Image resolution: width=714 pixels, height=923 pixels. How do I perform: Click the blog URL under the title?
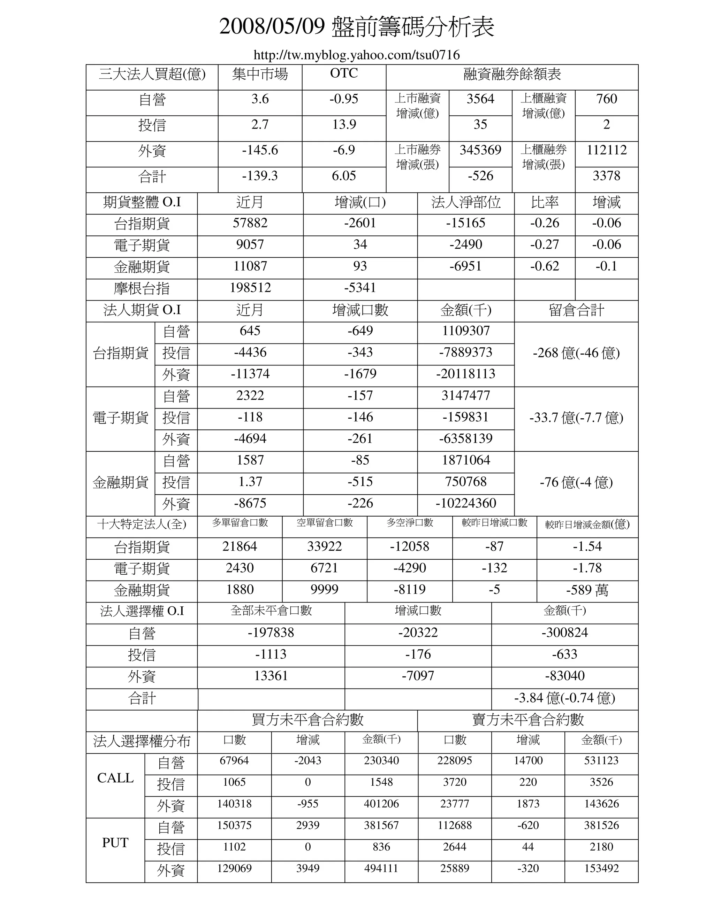(357, 55)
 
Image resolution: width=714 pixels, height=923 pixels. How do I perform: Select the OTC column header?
(343, 73)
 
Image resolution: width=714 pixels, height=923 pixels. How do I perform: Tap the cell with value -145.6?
(260, 150)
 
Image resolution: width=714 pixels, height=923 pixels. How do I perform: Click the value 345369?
(480, 150)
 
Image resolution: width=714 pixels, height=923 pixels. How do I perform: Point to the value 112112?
(606, 150)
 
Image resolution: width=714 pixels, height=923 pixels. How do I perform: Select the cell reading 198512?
(250, 288)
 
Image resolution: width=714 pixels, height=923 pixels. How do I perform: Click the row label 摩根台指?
(142, 289)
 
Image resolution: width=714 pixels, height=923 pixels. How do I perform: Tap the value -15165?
(465, 223)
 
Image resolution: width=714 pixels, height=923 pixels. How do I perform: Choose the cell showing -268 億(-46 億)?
(576, 353)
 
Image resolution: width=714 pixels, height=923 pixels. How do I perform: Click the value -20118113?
(465, 374)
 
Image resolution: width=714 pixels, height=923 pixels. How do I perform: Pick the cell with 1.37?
(250, 482)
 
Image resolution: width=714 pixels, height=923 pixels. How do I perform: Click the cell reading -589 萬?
(587, 590)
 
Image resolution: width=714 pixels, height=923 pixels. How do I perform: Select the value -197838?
(271, 633)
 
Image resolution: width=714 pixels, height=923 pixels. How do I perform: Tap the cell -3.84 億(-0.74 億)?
(564, 698)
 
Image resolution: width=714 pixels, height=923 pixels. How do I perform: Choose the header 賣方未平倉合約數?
(527, 719)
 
